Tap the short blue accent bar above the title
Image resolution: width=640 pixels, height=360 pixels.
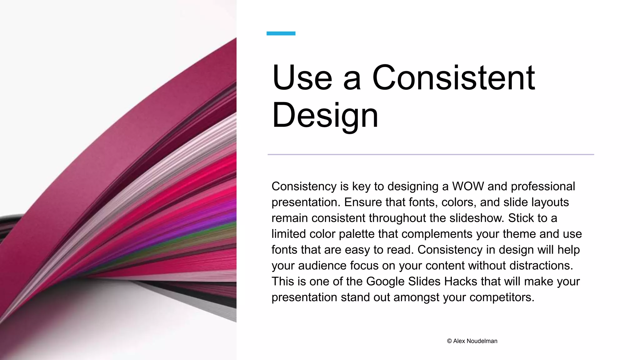[281, 33]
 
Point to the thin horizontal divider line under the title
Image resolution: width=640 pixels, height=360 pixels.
[431, 154]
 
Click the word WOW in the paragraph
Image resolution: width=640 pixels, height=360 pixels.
[468, 187]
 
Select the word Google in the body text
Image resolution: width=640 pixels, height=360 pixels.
[385, 282]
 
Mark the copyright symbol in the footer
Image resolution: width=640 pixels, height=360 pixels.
[449, 341]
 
